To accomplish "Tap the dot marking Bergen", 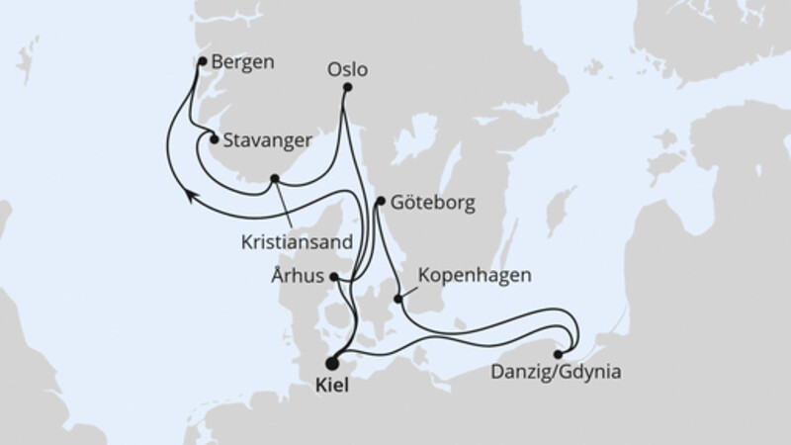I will [x=203, y=61].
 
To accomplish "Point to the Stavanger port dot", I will [x=214, y=139].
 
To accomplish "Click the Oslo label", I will [x=347, y=70].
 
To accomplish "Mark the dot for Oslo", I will [x=346, y=88].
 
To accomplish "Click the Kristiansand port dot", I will [x=275, y=179].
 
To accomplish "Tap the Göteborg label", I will [x=433, y=204].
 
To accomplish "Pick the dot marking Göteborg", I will [x=381, y=202].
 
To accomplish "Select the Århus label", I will [x=298, y=277].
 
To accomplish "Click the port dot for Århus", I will [x=335, y=277].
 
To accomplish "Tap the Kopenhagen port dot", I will [x=398, y=299].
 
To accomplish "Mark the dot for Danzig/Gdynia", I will [x=560, y=353].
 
